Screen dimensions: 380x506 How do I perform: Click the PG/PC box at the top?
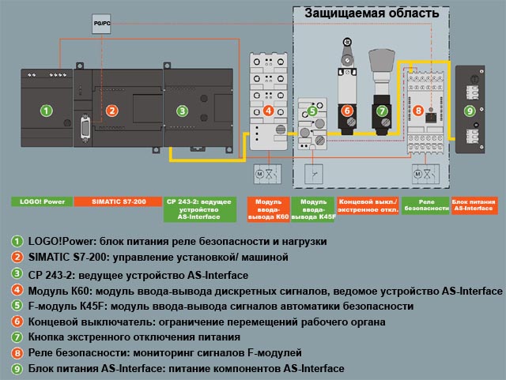(x=102, y=24)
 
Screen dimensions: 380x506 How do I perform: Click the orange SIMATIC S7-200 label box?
(x=118, y=202)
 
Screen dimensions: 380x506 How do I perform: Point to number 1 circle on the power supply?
(x=47, y=111)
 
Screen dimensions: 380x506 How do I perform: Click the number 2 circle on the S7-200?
(x=112, y=111)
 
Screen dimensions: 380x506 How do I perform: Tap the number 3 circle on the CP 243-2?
(x=183, y=111)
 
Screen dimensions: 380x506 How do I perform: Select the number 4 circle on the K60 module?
(x=269, y=111)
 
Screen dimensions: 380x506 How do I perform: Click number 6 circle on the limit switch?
(x=347, y=111)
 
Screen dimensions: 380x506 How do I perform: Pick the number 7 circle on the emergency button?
(x=383, y=111)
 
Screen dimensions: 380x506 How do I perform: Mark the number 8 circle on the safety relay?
(x=418, y=111)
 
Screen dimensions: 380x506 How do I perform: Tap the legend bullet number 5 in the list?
(x=17, y=306)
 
